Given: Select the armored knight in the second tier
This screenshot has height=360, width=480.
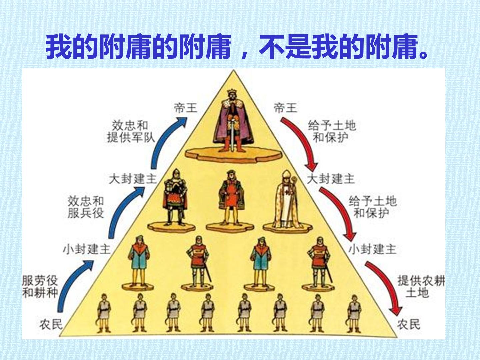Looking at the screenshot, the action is click(175, 197).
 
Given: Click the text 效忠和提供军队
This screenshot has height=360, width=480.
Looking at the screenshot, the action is click(131, 132).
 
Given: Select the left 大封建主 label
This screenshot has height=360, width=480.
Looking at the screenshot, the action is click(133, 179).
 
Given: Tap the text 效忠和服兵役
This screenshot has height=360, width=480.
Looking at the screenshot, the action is click(86, 207).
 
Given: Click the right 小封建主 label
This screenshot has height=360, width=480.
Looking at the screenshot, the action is click(372, 249).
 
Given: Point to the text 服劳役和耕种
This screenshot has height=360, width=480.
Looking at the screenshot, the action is click(40, 287).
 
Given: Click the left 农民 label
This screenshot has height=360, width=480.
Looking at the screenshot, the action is click(51, 324).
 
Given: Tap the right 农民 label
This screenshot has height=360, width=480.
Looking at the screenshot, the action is click(408, 324).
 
